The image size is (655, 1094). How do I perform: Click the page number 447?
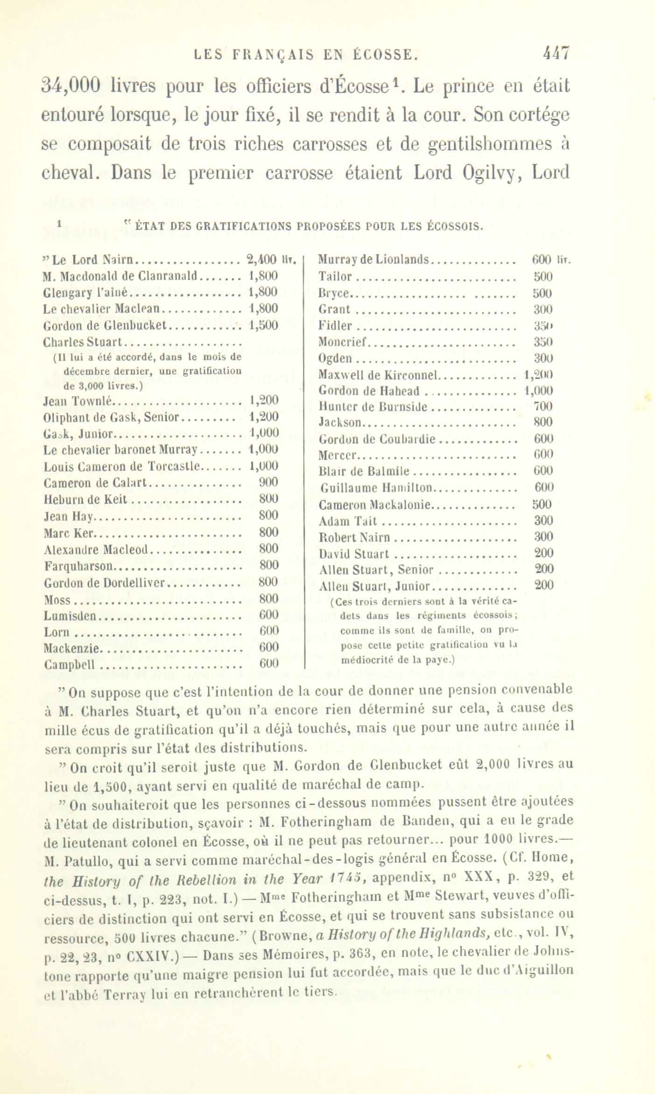pyautogui.click(x=556, y=53)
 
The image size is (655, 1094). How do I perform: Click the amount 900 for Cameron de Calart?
pyautogui.click(x=268, y=482)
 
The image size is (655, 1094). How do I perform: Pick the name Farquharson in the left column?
pyautogui.click(x=78, y=566)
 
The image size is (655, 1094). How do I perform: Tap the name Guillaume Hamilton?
pyautogui.click(x=376, y=488)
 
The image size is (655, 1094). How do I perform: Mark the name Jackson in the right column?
pyautogui.click(x=340, y=422)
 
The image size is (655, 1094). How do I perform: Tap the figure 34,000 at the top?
pyautogui.click(x=71, y=85)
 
